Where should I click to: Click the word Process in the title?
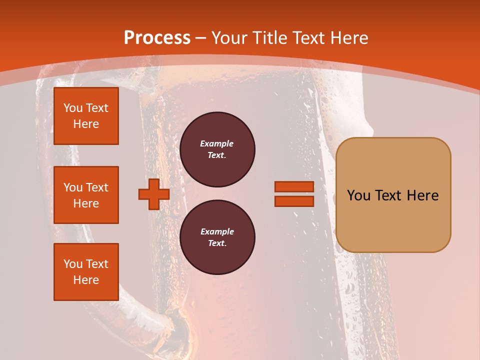[157, 38]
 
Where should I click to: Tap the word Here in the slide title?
[347, 38]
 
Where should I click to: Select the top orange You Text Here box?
[86, 116]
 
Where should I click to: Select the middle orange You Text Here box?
[86, 195]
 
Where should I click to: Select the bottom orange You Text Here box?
[86, 272]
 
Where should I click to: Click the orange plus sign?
[153, 194]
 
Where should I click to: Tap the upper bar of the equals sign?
[294, 186]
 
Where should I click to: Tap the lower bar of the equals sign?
[294, 201]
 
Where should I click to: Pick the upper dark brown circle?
[217, 149]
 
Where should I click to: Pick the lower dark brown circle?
[217, 237]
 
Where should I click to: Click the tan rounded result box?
[393, 194]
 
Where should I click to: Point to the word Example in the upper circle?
[217, 143]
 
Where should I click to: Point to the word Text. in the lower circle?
[217, 243]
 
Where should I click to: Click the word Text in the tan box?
[388, 195]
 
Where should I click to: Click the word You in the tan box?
[358, 195]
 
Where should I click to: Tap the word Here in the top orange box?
[86, 124]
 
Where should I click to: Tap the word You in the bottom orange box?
[73, 264]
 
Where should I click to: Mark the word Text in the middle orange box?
[97, 187]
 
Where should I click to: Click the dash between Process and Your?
[201, 38]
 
